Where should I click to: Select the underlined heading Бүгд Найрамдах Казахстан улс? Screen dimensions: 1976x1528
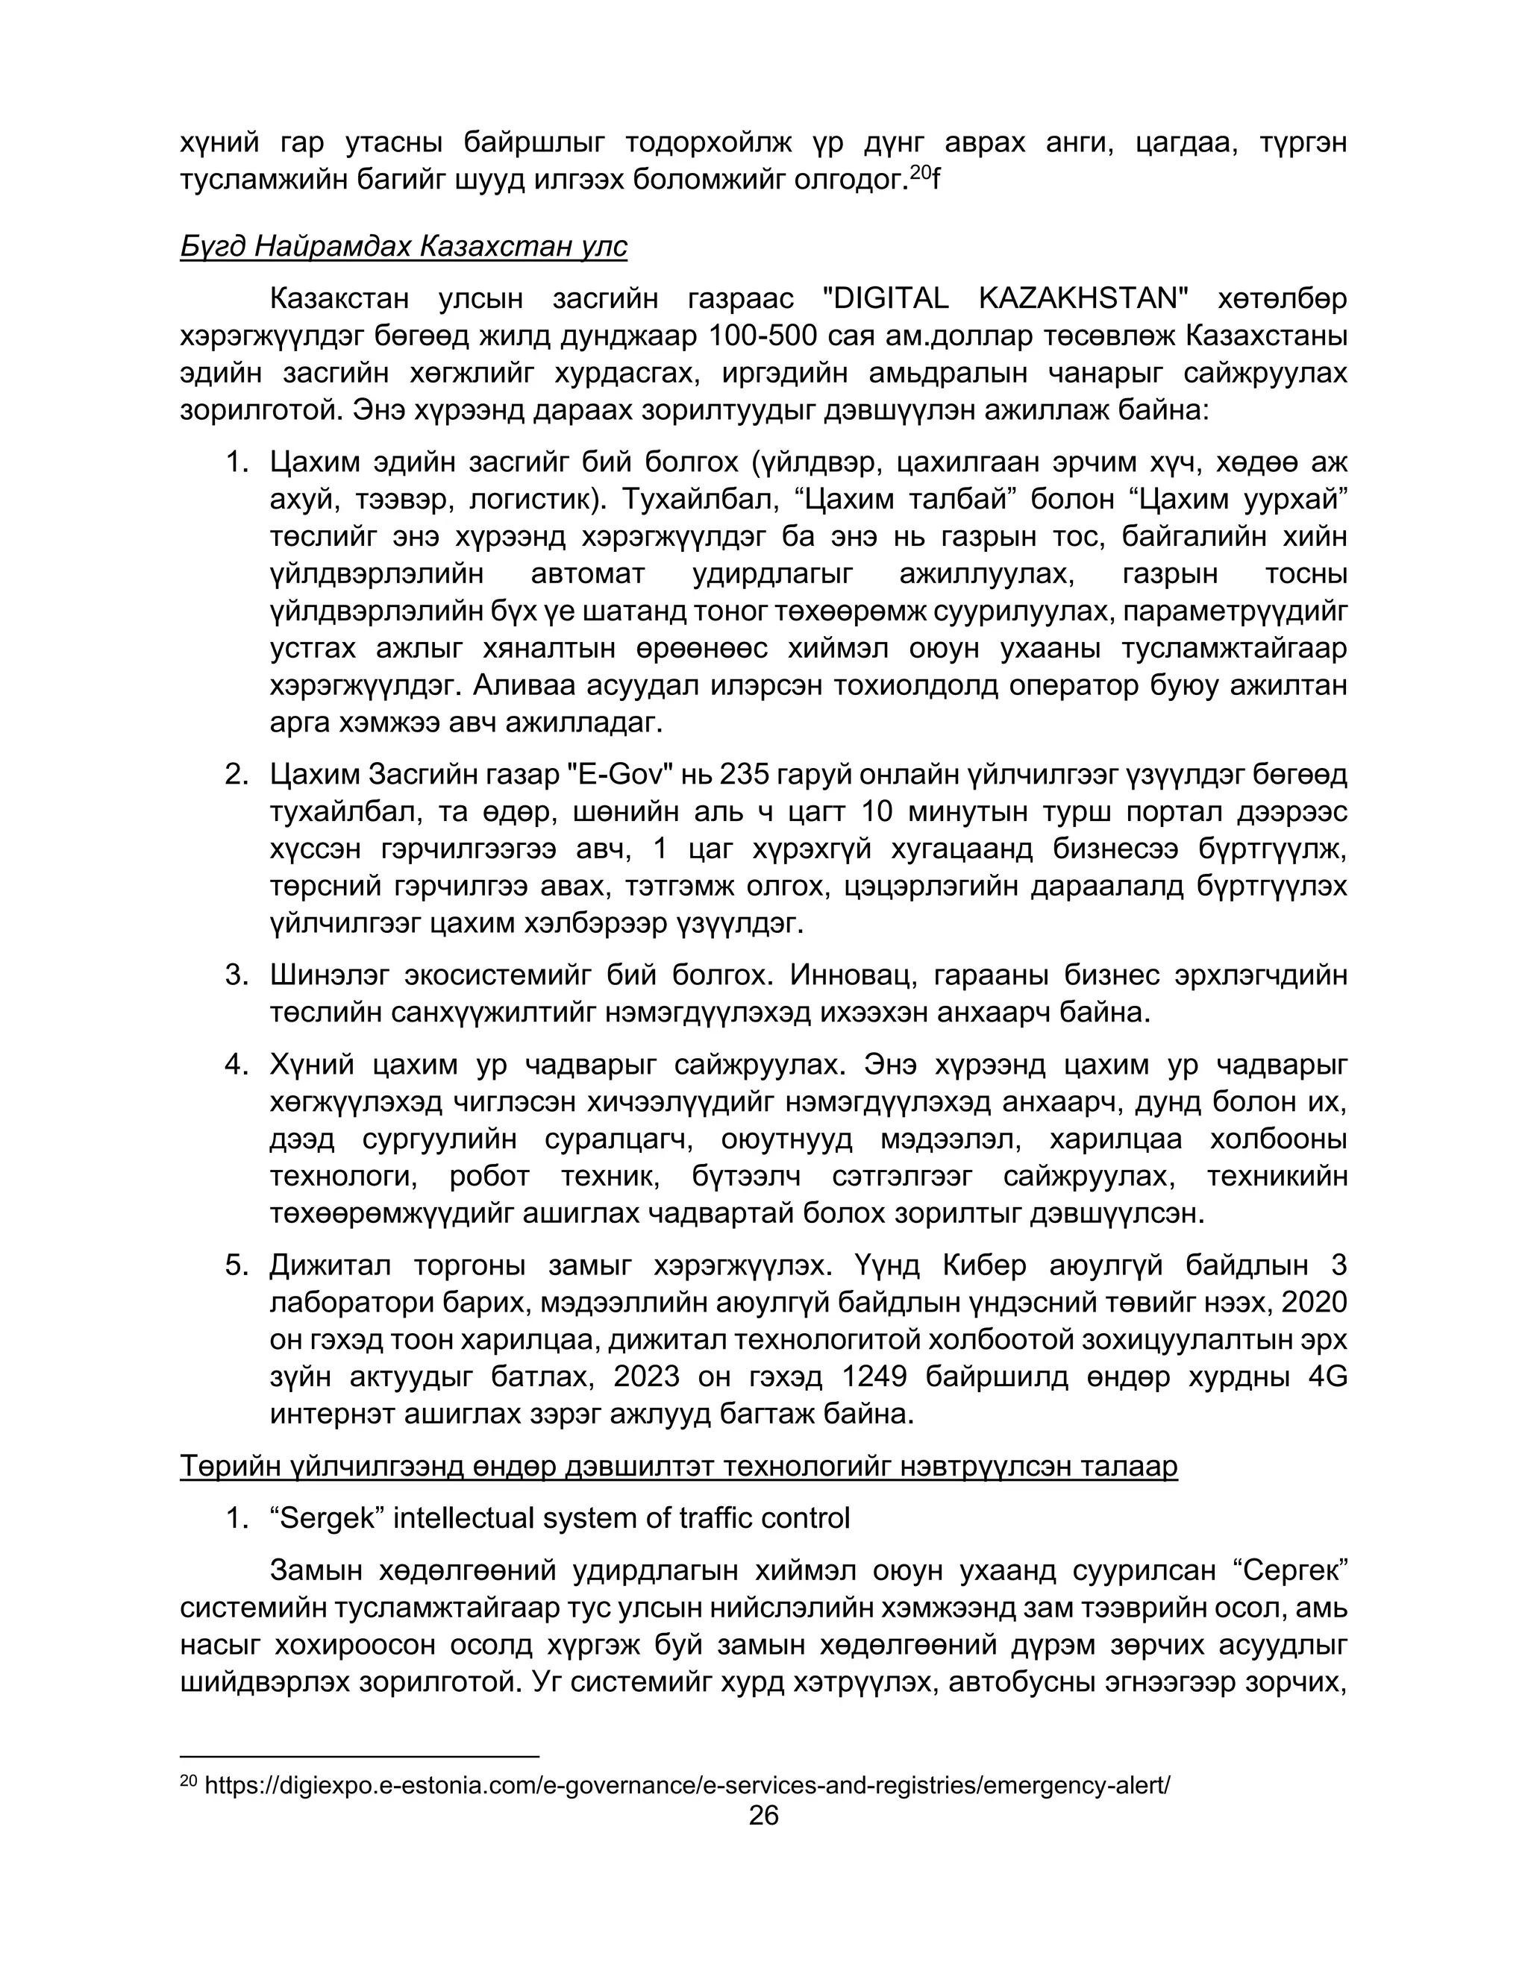pos(404,246)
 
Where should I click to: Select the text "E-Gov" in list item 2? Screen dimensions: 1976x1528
pos(623,775)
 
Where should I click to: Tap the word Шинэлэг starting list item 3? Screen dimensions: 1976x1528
pos(330,975)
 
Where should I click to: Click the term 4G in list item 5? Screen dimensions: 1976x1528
pos(1327,1376)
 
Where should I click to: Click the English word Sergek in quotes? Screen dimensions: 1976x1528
pos(328,1517)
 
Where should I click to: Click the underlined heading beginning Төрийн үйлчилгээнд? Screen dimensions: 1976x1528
pos(678,1466)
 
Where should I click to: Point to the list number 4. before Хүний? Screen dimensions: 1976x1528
pos(237,1065)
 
